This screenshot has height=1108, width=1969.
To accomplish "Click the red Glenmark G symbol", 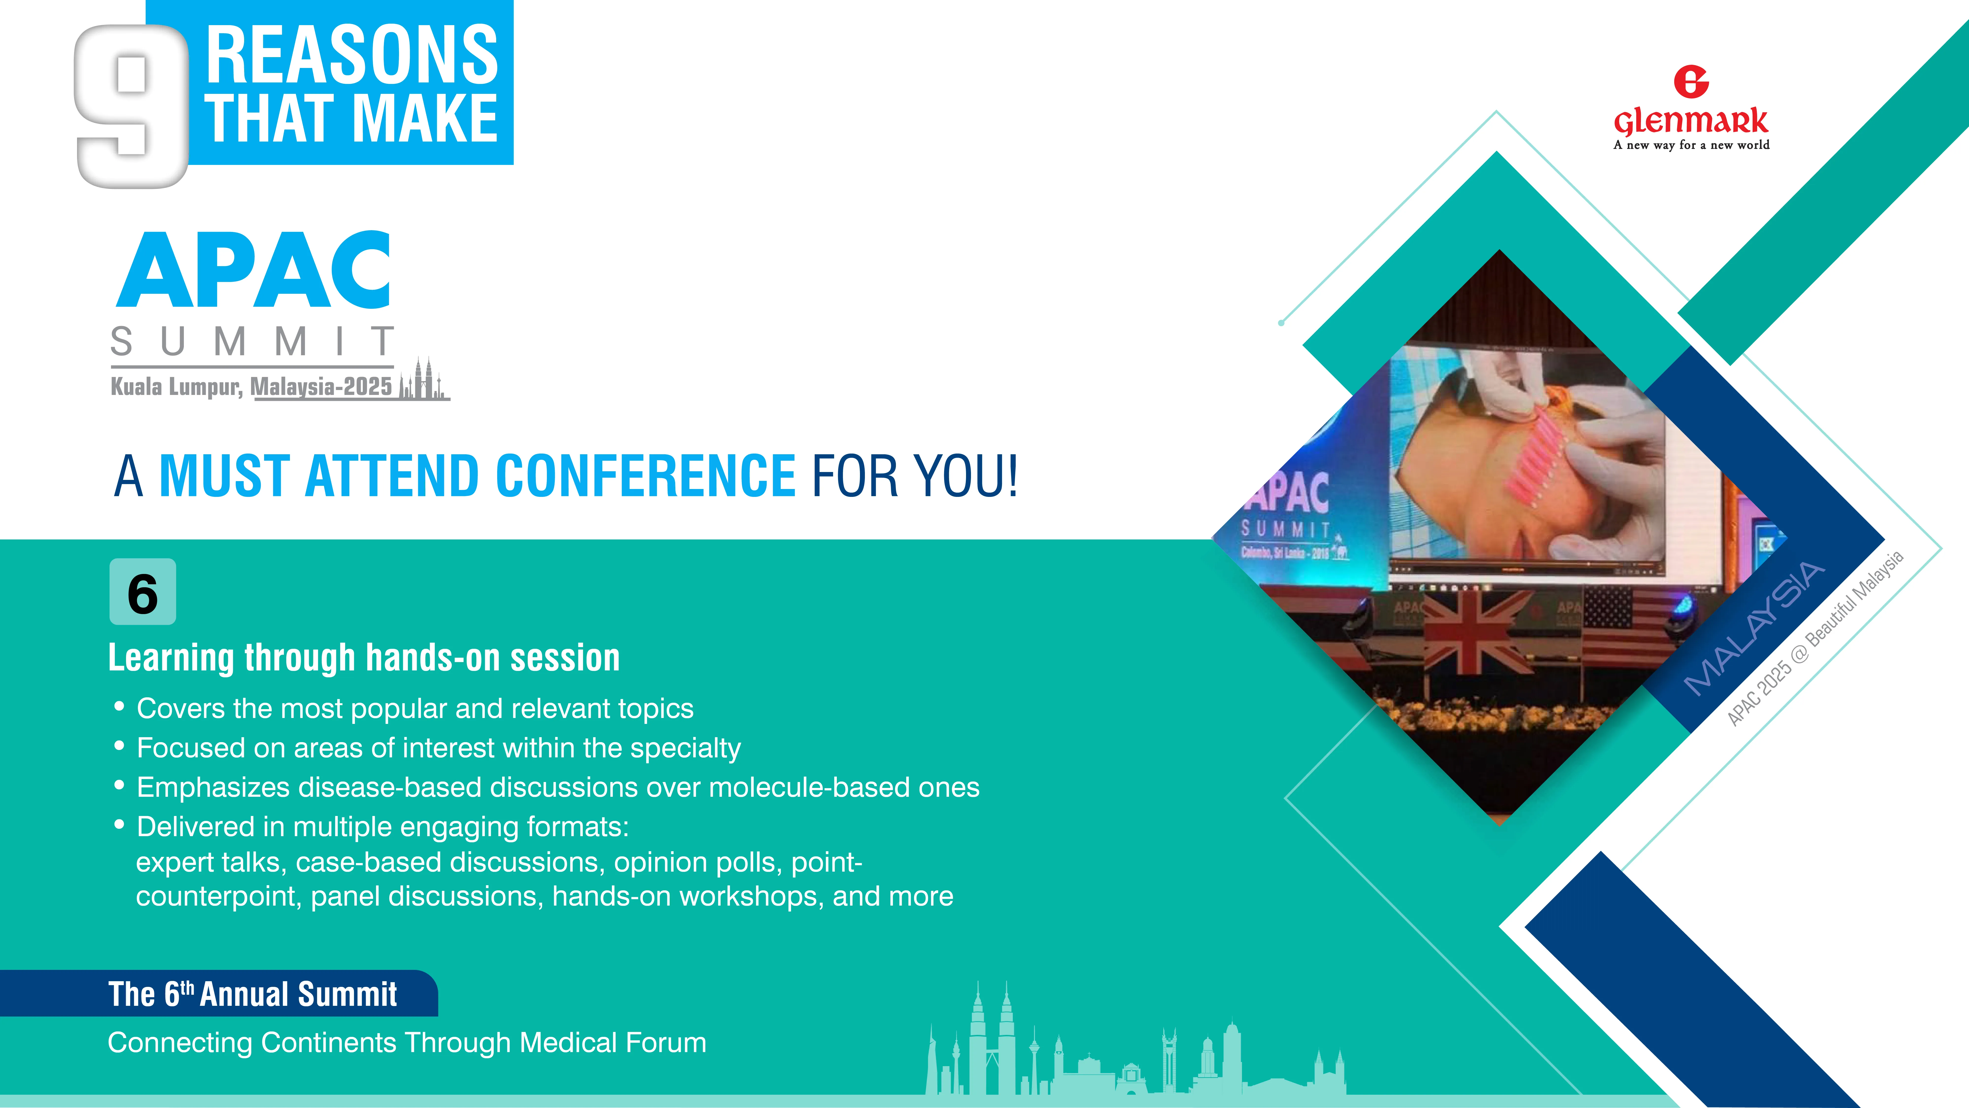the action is tap(1691, 82).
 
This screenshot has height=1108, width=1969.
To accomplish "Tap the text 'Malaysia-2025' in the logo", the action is tap(321, 387).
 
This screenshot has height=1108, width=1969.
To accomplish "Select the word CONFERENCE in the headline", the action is tap(646, 476).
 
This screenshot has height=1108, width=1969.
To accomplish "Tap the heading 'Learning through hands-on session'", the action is tap(364, 658).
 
